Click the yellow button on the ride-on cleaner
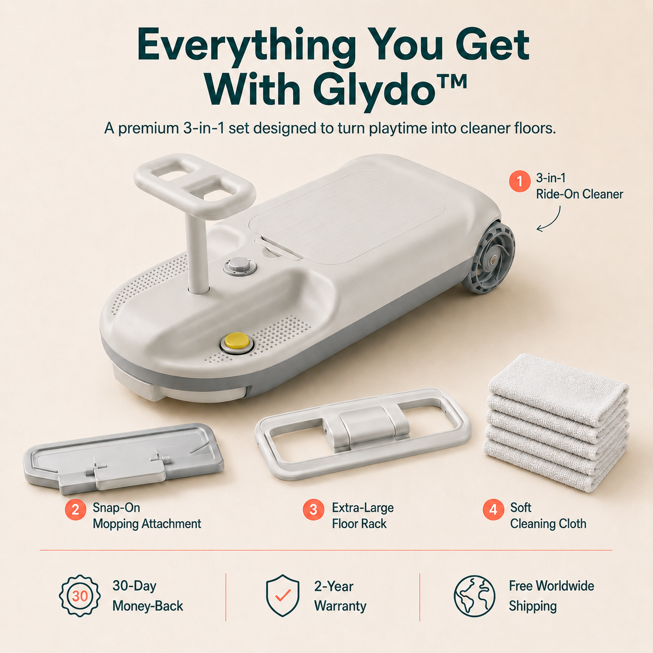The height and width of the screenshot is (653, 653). coord(236,341)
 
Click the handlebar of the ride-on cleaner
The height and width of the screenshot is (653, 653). coord(195,185)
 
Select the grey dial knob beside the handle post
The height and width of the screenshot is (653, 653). coord(240,266)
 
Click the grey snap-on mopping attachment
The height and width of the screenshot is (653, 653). coord(123,458)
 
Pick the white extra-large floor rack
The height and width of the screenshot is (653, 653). coord(363,434)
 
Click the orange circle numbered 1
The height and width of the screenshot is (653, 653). coord(520,181)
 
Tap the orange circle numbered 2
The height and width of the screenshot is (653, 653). coord(76,509)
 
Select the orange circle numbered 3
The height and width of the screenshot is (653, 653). coord(313,509)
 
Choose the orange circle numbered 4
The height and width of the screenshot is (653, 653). coord(493,509)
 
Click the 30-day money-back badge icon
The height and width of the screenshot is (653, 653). coord(80,596)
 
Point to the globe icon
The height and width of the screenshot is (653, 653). coord(474,596)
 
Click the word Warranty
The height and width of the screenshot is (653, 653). coord(340,606)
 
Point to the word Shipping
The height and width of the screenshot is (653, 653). coord(533,606)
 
